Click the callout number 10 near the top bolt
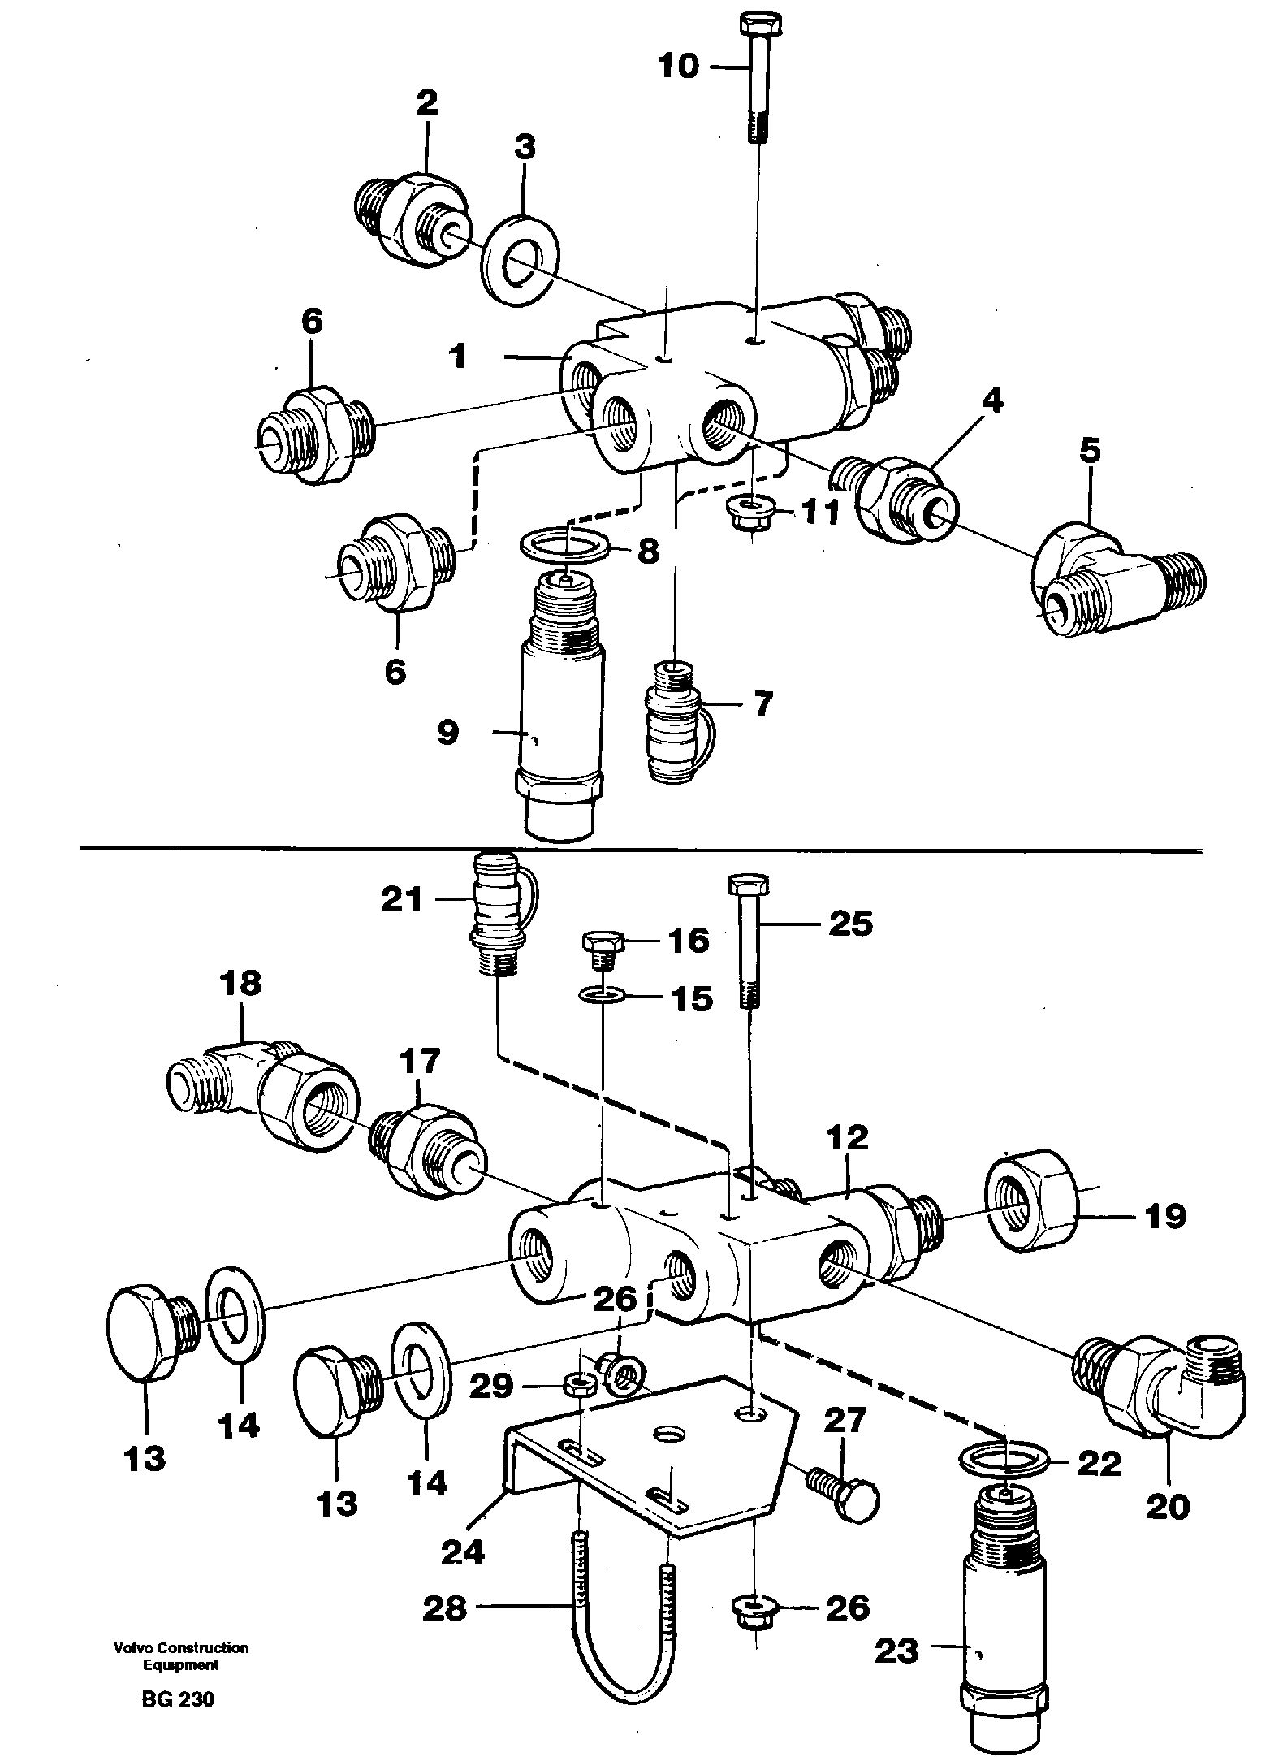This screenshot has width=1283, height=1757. point(678,66)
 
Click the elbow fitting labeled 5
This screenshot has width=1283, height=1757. point(1112,585)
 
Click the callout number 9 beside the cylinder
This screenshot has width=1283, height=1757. point(447,733)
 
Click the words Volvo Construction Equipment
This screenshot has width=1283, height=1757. point(181,1670)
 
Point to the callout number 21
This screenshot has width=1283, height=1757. point(402,900)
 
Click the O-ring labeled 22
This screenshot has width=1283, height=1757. point(1004,1463)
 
